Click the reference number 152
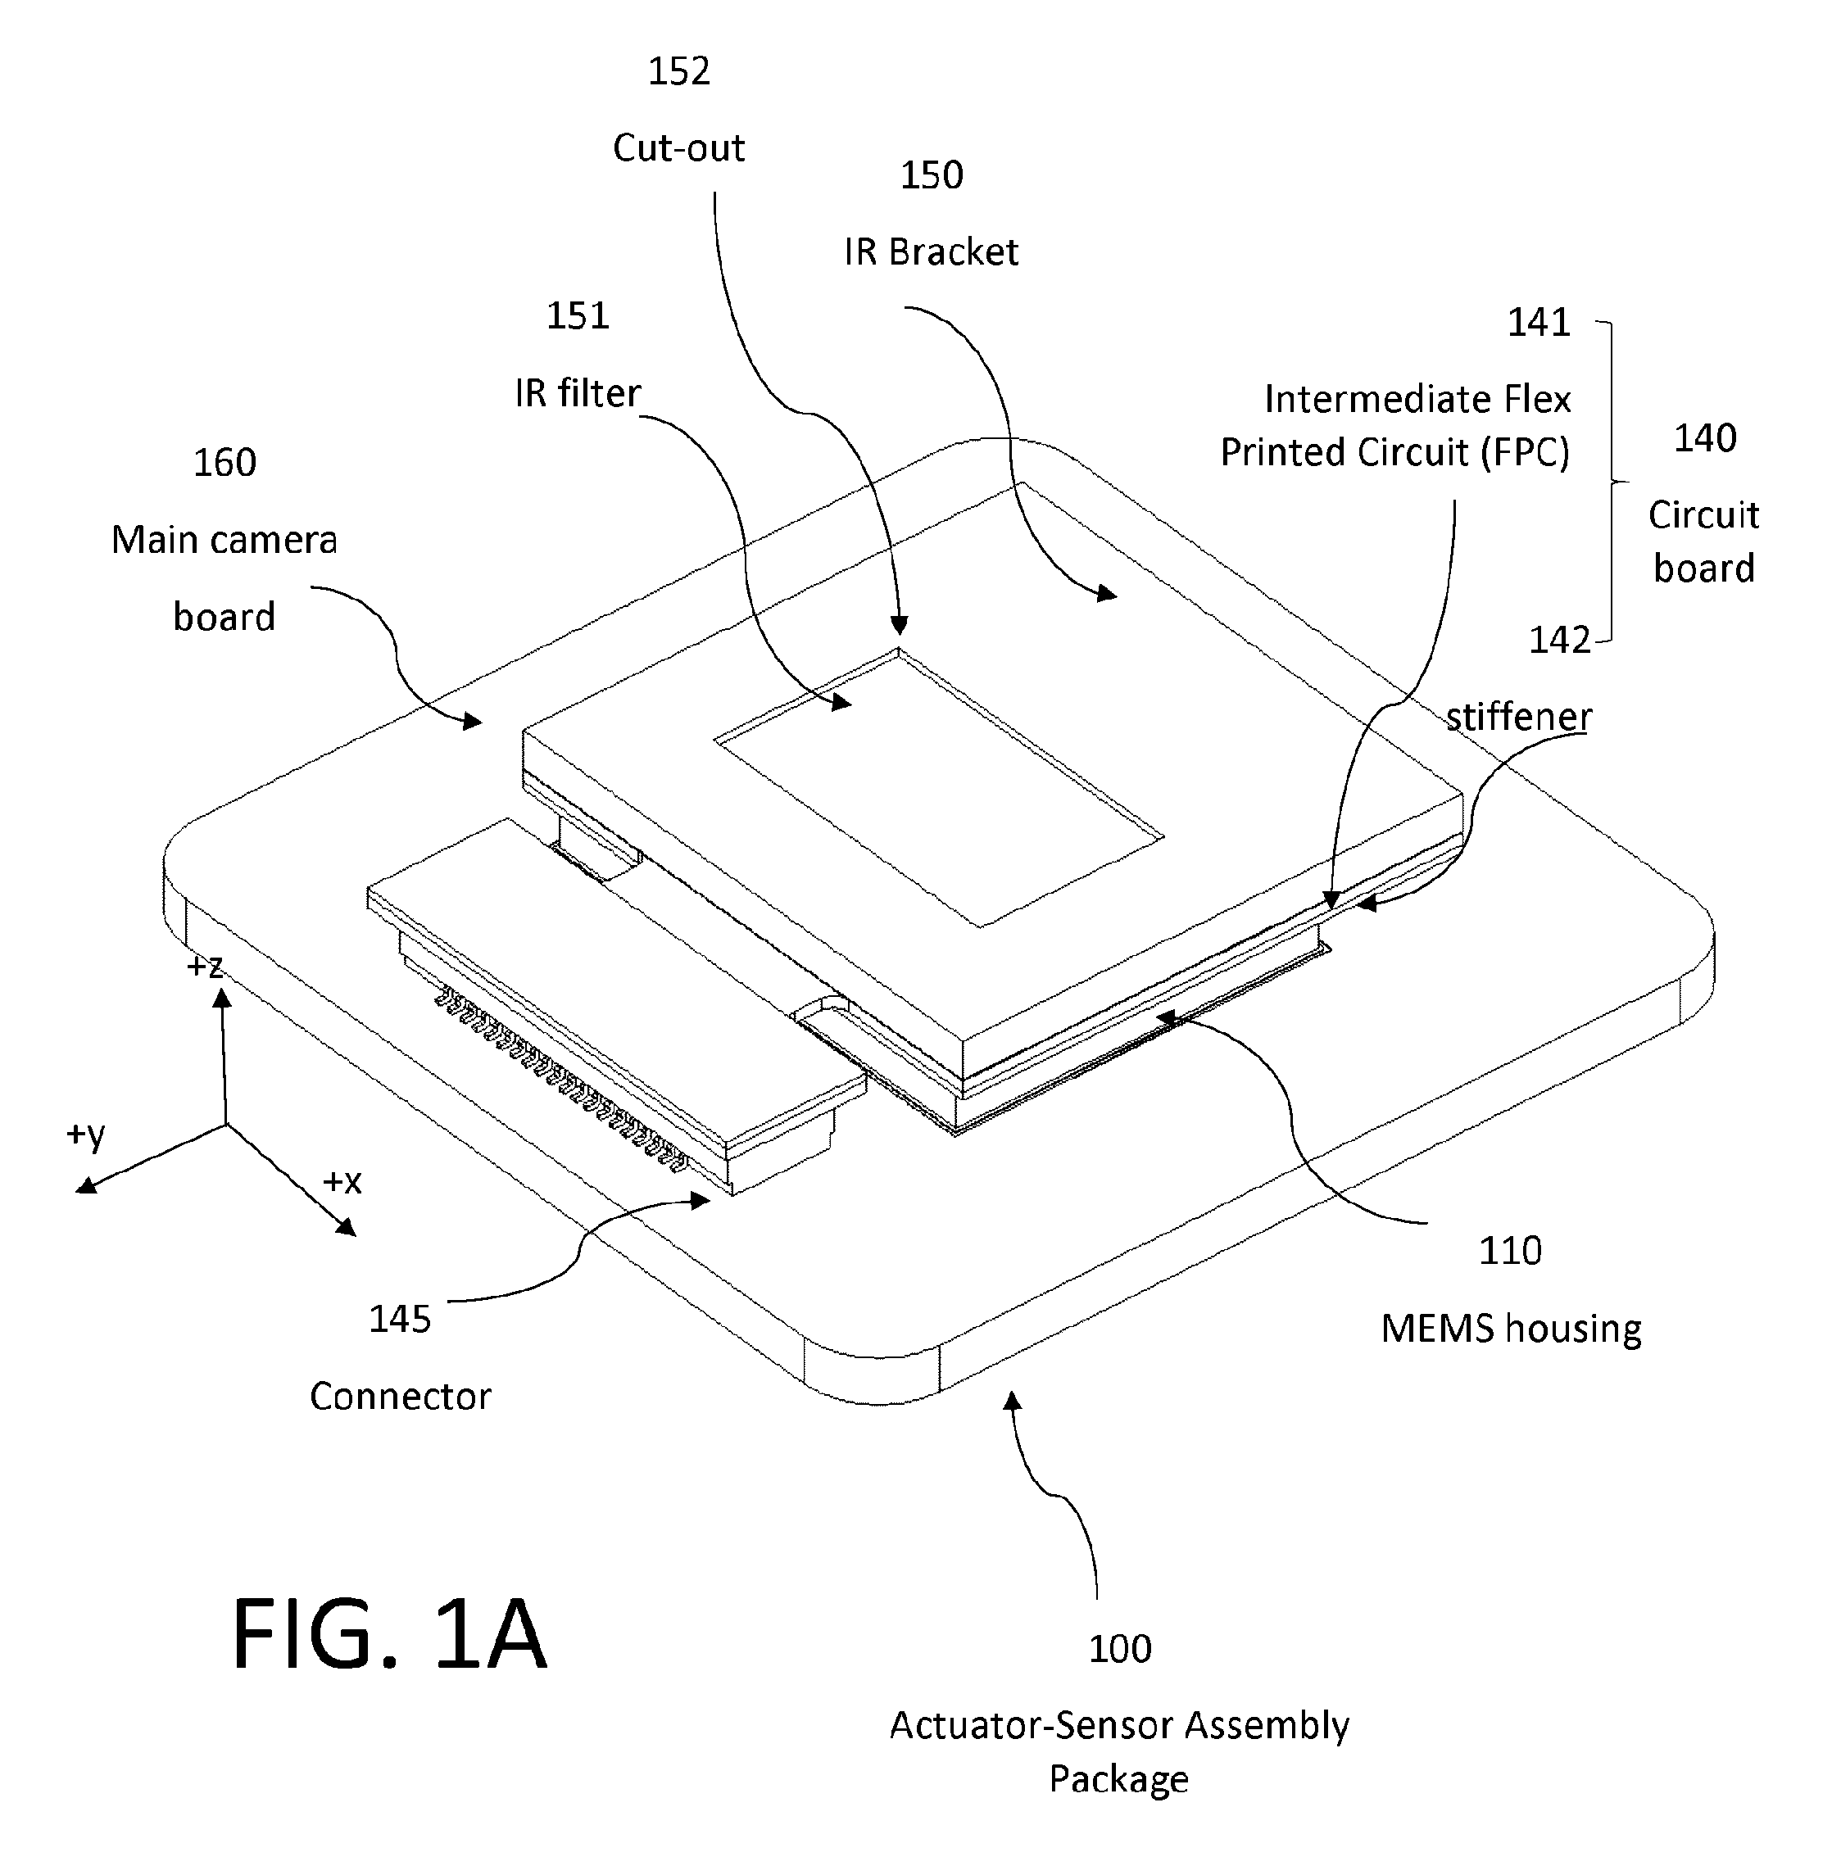[678, 71]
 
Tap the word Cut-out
[678, 147]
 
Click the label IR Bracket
[931, 252]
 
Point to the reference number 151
[578, 316]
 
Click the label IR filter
[578, 393]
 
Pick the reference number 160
[224, 463]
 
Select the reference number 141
[1539, 323]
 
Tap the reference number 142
[1559, 640]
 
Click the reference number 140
[1705, 438]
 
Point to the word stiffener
[1518, 717]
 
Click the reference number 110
[1510, 1251]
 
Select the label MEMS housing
[1511, 1329]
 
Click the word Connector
[400, 1397]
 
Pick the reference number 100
[1119, 1649]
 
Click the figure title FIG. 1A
[389, 1635]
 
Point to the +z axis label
[205, 966]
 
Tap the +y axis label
[86, 1135]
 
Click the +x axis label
[342, 1181]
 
